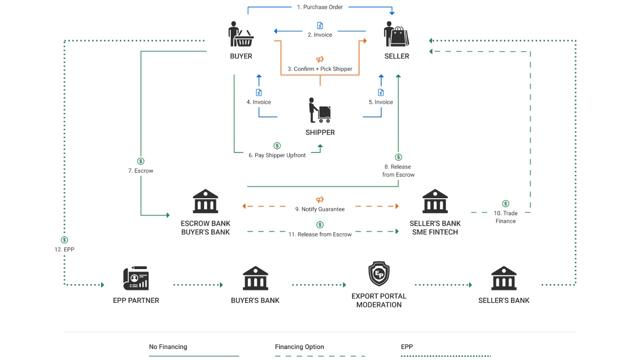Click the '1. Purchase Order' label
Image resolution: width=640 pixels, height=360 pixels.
click(320, 7)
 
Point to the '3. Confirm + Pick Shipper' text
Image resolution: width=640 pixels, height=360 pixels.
click(320, 69)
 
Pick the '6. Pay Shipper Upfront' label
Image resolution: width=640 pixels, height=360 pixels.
click(277, 155)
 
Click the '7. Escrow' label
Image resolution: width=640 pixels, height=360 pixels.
click(141, 171)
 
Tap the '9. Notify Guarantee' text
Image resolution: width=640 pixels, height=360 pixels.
click(320, 209)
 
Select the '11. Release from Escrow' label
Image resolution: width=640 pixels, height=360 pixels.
click(320, 234)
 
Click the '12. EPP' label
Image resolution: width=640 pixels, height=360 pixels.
click(64, 250)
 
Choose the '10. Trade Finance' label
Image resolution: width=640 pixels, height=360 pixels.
click(506, 217)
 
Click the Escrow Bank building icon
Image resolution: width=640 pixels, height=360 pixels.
click(206, 201)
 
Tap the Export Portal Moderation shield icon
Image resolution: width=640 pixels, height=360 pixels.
click(379, 274)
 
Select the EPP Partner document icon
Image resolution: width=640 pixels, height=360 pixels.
click(136, 278)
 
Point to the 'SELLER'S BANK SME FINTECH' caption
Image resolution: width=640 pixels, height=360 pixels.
click(435, 228)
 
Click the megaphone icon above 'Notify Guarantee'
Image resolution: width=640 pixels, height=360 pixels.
click(320, 200)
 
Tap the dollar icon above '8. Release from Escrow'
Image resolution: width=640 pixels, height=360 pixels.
click(398, 157)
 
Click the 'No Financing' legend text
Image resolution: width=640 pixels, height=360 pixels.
click(168, 347)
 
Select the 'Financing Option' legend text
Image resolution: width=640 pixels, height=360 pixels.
click(299, 347)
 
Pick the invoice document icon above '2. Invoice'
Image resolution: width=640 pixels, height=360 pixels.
click(320, 26)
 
